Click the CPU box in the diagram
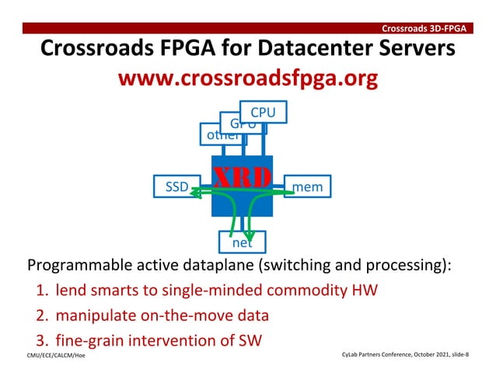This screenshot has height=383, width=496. click(263, 113)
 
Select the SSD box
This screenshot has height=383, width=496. click(176, 186)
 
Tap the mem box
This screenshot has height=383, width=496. click(307, 186)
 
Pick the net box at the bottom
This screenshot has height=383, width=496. click(242, 243)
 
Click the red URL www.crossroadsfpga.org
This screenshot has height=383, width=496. click(247, 80)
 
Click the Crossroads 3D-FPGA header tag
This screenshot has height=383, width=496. click(424, 29)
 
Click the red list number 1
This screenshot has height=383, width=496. click(42, 291)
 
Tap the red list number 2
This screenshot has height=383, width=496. click(42, 315)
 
